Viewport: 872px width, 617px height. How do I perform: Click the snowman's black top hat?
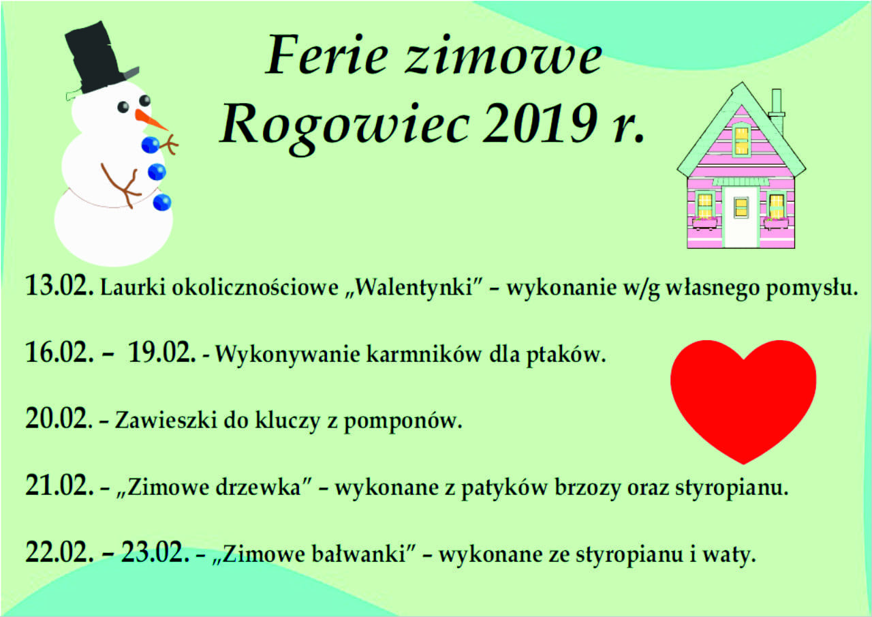[x=100, y=59]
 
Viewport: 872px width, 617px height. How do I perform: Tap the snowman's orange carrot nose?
[x=151, y=120]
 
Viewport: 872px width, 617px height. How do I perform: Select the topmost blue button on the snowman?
[x=150, y=145]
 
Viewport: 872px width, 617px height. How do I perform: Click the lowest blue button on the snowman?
[x=162, y=202]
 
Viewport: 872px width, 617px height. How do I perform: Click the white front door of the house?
[x=741, y=217]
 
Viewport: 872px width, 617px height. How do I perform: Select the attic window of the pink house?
[x=741, y=140]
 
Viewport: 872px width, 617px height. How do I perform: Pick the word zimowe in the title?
[x=503, y=57]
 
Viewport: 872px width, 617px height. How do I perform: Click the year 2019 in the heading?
[x=540, y=123]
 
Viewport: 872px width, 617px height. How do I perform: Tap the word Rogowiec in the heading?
[x=345, y=127]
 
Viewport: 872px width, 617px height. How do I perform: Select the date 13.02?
[x=59, y=285]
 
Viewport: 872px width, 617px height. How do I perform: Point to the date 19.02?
[x=161, y=352]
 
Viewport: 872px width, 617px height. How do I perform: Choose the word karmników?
[x=424, y=354]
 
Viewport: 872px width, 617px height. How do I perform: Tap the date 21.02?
[x=59, y=486]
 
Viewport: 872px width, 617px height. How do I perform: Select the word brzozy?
[x=588, y=488]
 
